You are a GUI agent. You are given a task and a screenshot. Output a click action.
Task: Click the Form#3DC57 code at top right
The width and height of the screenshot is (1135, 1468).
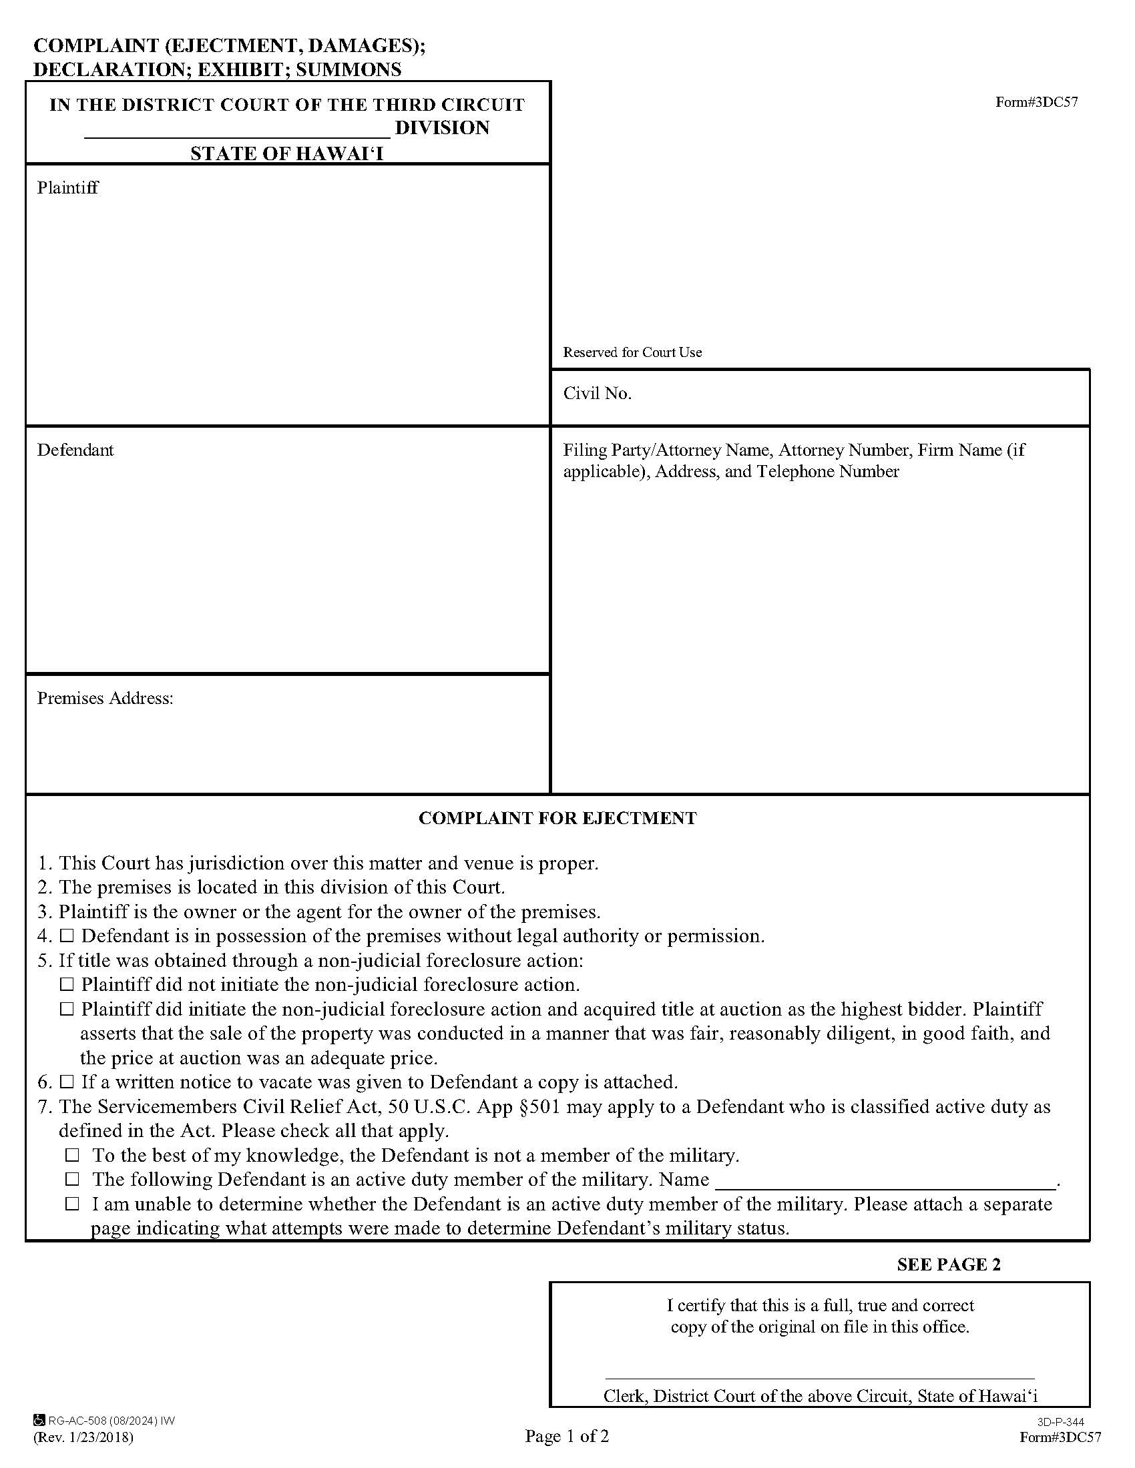tap(1036, 102)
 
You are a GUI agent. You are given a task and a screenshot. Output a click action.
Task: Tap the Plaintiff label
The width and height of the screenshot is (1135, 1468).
tap(68, 188)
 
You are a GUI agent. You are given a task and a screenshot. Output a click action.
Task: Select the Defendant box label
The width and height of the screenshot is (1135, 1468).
tap(75, 450)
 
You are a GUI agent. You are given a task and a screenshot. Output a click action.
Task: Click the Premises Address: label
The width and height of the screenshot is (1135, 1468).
tap(105, 699)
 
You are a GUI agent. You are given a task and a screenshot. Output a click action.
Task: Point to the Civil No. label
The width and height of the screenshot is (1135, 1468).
tap(597, 393)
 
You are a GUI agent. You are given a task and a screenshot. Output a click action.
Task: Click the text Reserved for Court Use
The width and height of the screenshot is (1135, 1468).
tap(632, 352)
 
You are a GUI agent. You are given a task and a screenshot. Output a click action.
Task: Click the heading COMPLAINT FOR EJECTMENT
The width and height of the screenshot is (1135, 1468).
tap(557, 818)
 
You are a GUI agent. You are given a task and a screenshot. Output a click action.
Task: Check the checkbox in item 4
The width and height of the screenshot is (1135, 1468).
tap(67, 936)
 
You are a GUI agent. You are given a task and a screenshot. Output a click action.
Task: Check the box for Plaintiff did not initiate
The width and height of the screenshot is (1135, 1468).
tap(67, 985)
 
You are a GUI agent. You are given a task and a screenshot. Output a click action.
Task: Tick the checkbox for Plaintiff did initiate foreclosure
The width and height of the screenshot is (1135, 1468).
tap(67, 1009)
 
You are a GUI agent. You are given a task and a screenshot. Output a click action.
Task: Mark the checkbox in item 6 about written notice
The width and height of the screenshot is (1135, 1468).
tap(67, 1082)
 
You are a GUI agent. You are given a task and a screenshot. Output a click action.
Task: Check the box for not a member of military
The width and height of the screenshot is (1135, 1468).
tap(72, 1156)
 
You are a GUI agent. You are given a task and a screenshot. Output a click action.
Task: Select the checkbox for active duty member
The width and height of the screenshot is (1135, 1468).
tap(72, 1180)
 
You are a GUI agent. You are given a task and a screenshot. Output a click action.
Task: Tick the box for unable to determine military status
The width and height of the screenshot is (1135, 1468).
tap(72, 1204)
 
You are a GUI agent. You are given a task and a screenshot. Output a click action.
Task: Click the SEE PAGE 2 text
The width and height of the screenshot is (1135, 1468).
tap(948, 1264)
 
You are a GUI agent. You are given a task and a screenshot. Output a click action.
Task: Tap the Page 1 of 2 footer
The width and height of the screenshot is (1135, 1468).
tap(567, 1437)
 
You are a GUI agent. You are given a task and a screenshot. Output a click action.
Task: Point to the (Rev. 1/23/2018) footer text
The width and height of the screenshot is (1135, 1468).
tap(83, 1438)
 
